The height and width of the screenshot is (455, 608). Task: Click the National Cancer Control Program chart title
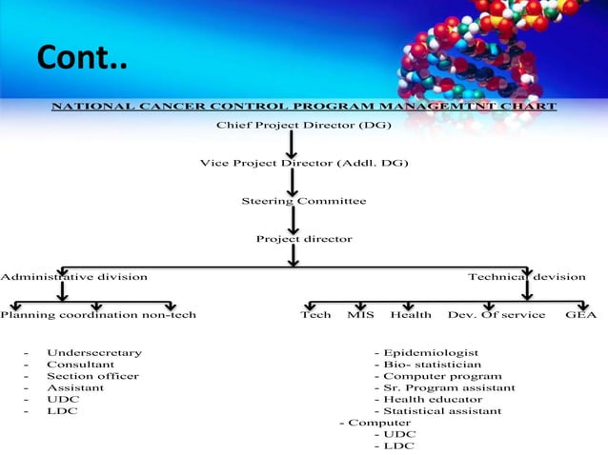point(303,107)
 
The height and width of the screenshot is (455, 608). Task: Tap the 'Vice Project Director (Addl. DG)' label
point(303,164)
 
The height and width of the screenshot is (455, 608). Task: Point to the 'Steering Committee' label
point(303,201)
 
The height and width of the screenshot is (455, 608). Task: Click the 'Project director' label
point(303,239)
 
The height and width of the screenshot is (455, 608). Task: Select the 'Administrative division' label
point(73,277)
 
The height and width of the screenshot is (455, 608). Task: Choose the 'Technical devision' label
point(526,277)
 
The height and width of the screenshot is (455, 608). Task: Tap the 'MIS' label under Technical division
point(360,315)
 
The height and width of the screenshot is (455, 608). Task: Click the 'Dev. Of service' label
point(497,315)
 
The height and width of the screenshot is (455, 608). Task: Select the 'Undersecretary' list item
point(94,353)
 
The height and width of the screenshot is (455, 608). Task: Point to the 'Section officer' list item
point(92,376)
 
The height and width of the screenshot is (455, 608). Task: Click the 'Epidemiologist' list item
point(431,353)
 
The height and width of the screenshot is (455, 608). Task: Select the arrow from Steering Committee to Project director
point(293,220)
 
